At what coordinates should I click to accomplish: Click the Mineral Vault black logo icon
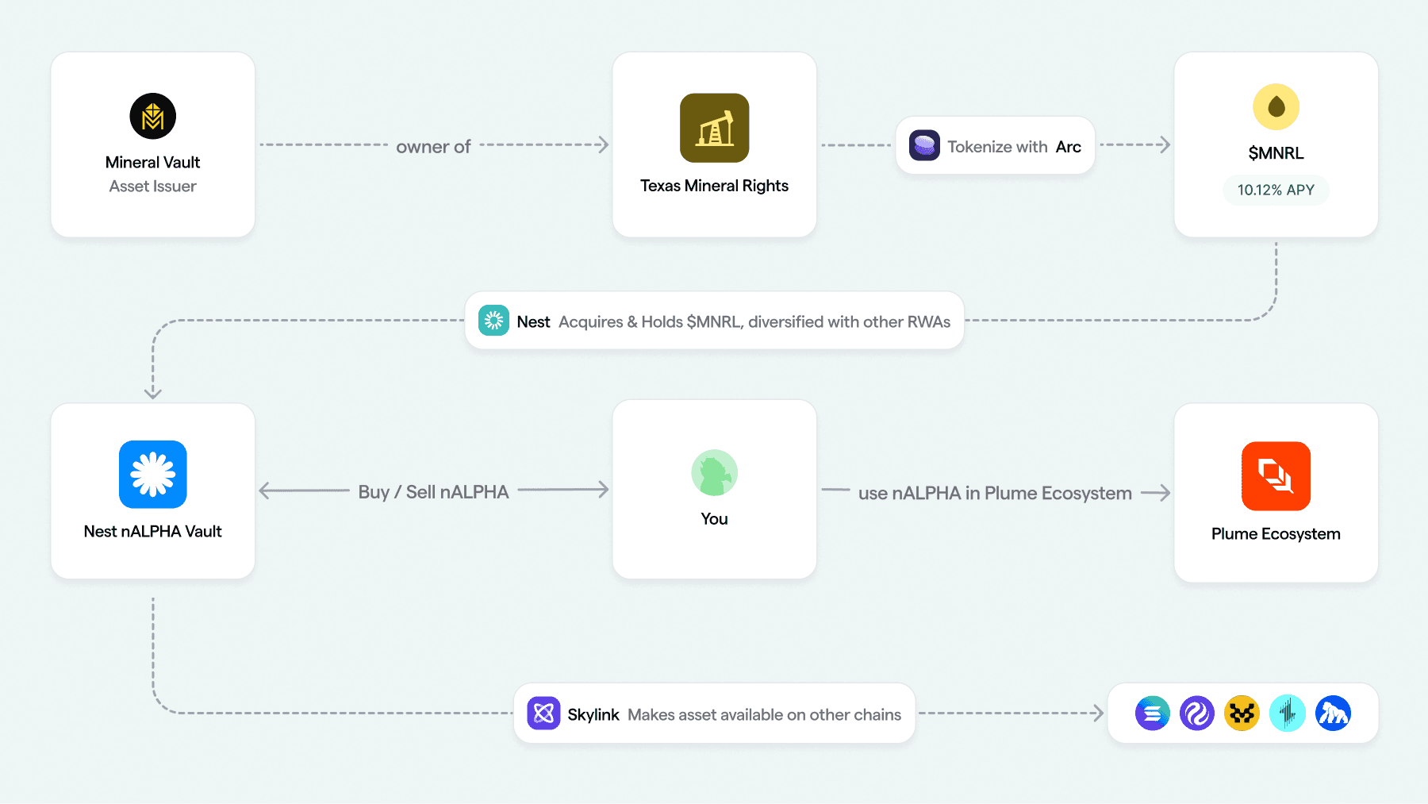(x=152, y=116)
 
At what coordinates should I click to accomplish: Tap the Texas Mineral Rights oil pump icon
(x=714, y=128)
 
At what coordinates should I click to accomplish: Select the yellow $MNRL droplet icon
(x=1276, y=106)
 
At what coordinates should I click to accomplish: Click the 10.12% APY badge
(x=1276, y=190)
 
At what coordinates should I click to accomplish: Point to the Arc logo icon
(x=924, y=145)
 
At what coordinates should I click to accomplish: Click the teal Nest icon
(x=493, y=321)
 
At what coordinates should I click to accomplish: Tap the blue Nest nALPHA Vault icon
(x=152, y=474)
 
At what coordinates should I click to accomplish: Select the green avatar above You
(x=714, y=473)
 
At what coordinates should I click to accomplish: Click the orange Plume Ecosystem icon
(x=1276, y=475)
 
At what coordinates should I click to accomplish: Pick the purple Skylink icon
(x=543, y=714)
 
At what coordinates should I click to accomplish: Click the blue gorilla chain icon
(x=1333, y=714)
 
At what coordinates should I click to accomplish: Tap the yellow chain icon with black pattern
(x=1242, y=714)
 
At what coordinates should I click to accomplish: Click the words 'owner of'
(x=433, y=147)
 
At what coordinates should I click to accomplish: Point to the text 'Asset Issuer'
(x=152, y=187)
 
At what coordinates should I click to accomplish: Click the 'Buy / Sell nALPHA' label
(x=433, y=492)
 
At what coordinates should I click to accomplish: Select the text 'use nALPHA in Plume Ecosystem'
(x=995, y=493)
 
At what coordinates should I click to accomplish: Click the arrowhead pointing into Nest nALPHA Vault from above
(x=153, y=393)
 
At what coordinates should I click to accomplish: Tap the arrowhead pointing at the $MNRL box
(x=1164, y=145)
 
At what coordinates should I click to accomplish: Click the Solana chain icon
(x=1152, y=714)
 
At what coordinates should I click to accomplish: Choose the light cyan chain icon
(x=1287, y=714)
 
